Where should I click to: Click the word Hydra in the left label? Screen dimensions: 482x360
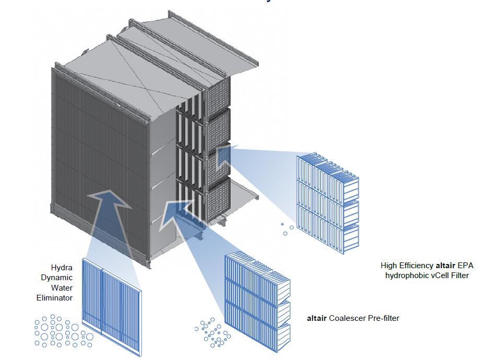pos(62,267)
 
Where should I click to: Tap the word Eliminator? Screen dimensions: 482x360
pos(54,298)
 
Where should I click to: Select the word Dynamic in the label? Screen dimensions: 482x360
pos(57,278)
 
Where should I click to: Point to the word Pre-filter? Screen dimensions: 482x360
pos(384,318)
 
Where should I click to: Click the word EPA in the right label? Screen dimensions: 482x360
pos(465,266)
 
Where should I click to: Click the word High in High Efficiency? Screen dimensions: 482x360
pos(389,266)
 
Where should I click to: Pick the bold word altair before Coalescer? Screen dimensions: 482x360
pos(316,318)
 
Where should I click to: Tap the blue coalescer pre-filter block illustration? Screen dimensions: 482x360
pos(256,300)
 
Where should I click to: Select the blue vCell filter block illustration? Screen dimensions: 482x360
pos(328,201)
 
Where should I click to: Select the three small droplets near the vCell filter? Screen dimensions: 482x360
pos(285,229)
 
